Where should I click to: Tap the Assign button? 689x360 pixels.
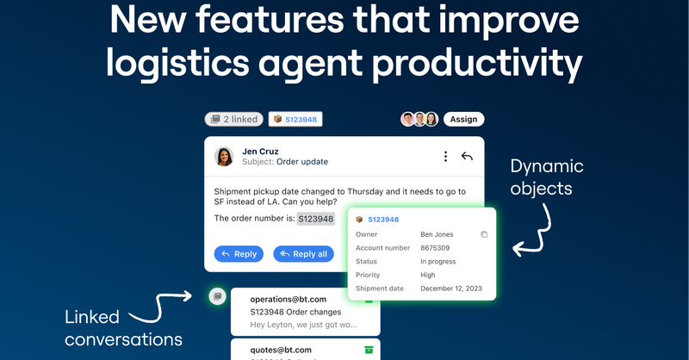pyautogui.click(x=463, y=120)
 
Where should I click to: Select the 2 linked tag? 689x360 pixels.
pyautogui.click(x=233, y=120)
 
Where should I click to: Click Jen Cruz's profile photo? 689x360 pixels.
pyautogui.click(x=224, y=156)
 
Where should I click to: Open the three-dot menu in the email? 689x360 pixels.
pyautogui.click(x=445, y=156)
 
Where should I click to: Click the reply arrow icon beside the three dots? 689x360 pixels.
pyautogui.click(x=467, y=156)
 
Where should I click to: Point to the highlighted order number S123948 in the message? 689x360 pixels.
pyautogui.click(x=315, y=219)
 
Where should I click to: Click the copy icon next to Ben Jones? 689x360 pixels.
pyautogui.click(x=484, y=234)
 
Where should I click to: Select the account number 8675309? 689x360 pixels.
pyautogui.click(x=440, y=248)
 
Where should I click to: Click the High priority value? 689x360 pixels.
pyautogui.click(x=429, y=275)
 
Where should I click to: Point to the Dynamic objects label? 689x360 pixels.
pyautogui.click(x=546, y=177)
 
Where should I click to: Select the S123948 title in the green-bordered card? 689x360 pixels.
pyautogui.click(x=383, y=220)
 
